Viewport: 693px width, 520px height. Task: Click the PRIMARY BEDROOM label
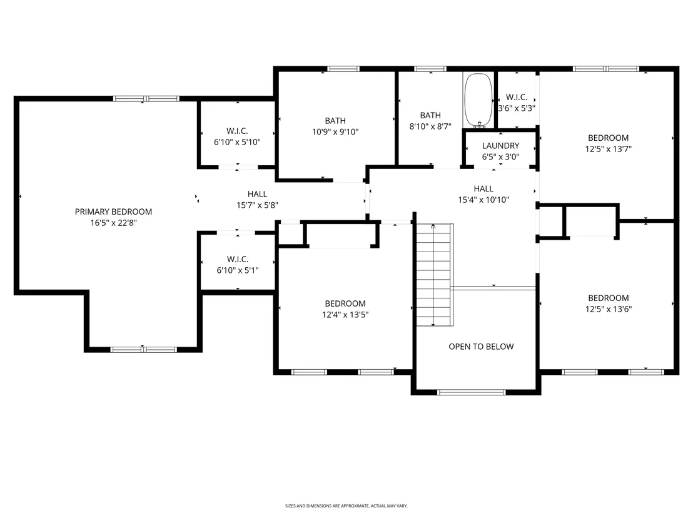(113, 212)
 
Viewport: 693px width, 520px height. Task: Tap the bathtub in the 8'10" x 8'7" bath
(478, 101)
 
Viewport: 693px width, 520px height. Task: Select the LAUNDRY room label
(500, 145)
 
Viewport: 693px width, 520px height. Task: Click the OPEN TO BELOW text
(481, 347)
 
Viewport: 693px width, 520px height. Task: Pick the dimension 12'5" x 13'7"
(608, 149)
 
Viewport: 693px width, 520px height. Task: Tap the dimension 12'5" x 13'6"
(608, 309)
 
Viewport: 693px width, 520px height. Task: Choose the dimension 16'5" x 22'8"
(113, 223)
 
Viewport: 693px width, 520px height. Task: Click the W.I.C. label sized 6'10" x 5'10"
(237, 131)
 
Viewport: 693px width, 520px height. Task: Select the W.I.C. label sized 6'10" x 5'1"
(237, 259)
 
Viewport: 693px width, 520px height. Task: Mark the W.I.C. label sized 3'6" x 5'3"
(516, 97)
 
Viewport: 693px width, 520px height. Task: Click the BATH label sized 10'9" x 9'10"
(335, 121)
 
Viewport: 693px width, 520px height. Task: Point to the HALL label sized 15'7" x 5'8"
(257, 194)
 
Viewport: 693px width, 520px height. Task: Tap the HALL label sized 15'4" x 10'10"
(483, 189)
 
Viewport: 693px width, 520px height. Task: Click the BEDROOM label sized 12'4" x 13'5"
(345, 303)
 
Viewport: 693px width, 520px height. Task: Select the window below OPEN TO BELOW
(471, 392)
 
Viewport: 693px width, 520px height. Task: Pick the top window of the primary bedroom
(146, 99)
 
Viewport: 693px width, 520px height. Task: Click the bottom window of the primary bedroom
(144, 350)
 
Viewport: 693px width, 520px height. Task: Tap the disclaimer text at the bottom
(346, 506)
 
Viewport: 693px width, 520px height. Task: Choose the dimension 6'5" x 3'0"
(500, 156)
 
